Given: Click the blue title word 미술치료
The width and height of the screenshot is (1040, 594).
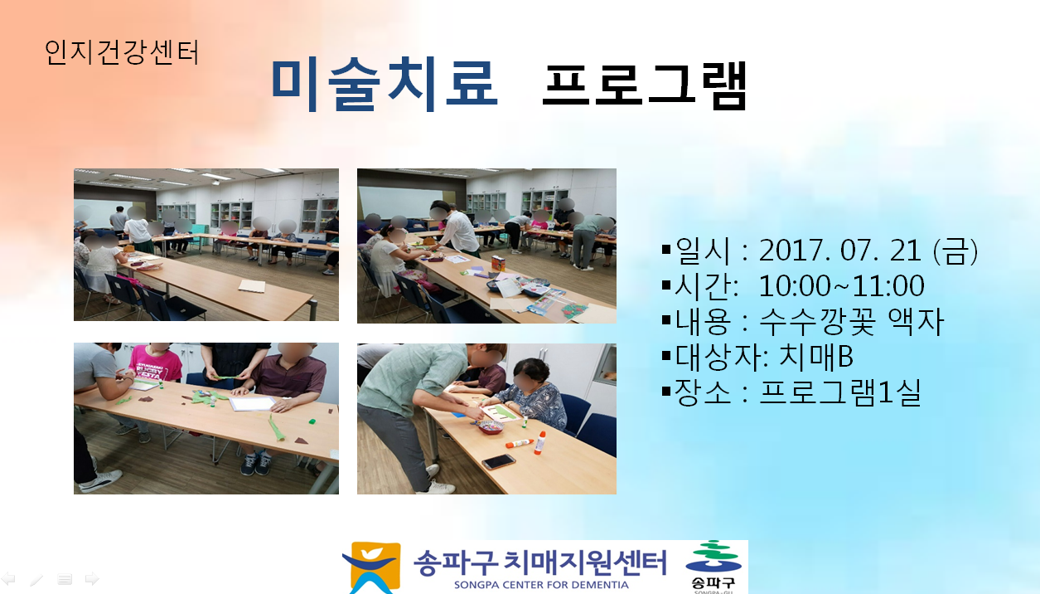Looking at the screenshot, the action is (x=385, y=84).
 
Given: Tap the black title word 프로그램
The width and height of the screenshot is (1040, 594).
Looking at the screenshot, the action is (x=644, y=86).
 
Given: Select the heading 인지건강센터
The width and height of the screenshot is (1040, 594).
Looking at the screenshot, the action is (x=122, y=52).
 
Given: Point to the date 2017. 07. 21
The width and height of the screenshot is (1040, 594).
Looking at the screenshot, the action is (x=840, y=251).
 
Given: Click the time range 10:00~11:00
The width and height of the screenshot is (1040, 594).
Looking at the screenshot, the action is (x=841, y=285).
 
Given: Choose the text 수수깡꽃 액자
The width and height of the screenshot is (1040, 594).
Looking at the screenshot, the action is (x=852, y=321).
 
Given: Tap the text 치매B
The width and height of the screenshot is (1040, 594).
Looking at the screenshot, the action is (x=815, y=357).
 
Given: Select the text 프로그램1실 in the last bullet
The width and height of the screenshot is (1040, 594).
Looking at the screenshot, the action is (x=840, y=392).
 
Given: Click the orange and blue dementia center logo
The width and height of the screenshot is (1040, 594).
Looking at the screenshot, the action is (x=371, y=567).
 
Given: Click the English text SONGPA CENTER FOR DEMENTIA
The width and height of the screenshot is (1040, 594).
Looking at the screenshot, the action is (x=541, y=585).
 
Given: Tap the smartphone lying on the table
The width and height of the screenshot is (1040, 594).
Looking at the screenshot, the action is (x=499, y=461).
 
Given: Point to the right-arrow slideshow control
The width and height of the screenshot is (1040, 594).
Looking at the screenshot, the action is (x=92, y=579).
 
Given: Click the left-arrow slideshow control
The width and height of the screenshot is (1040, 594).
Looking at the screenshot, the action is (x=8, y=579).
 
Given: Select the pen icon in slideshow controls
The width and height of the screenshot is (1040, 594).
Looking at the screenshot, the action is (x=36, y=579).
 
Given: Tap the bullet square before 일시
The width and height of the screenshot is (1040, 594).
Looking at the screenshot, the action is (x=666, y=250).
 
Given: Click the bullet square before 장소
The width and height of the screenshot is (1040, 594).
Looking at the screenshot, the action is (x=666, y=392).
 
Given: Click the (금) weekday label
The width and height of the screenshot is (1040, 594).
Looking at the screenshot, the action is (x=955, y=251).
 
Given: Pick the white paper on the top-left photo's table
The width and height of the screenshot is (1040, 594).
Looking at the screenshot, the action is (x=252, y=285).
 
